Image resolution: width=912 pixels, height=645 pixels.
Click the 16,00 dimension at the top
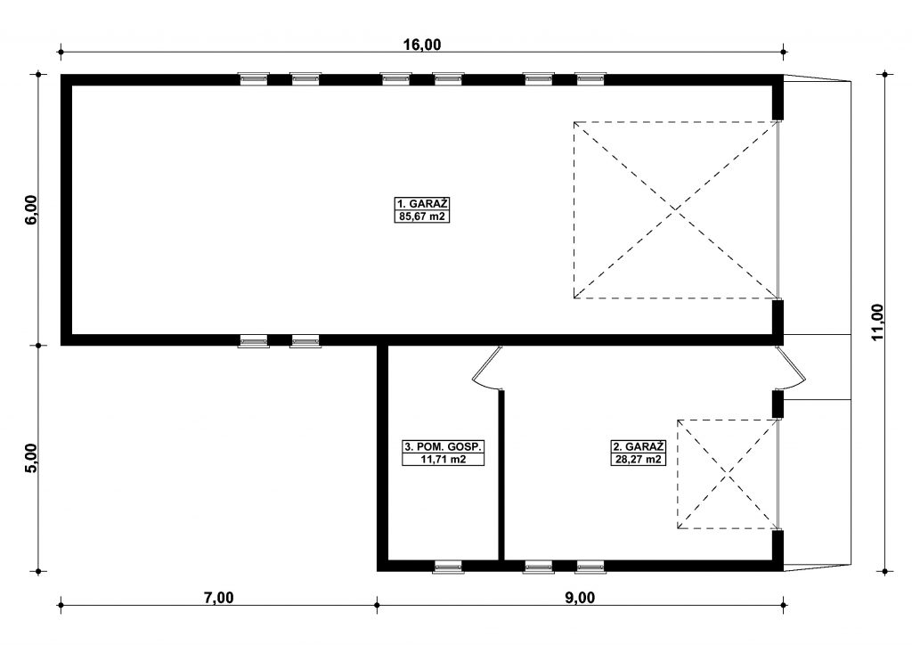422,45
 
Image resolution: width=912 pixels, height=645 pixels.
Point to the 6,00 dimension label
31,208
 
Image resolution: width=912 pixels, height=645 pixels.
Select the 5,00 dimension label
31,458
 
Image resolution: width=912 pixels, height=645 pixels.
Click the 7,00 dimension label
219,597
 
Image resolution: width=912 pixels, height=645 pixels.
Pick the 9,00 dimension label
580,597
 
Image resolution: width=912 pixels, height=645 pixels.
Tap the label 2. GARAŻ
638,446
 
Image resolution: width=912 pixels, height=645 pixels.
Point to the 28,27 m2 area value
638,459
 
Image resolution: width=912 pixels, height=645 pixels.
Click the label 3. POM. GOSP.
444,446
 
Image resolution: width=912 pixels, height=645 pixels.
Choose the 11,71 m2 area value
444,459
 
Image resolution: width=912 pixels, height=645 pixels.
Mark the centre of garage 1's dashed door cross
676,210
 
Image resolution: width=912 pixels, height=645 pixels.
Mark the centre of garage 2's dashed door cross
728,474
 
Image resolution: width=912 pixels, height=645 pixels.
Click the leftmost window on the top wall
254,79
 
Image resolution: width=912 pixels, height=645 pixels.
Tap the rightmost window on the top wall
591,79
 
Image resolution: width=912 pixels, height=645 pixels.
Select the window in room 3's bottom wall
449,567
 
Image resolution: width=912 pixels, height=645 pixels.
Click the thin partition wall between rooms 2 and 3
501,475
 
